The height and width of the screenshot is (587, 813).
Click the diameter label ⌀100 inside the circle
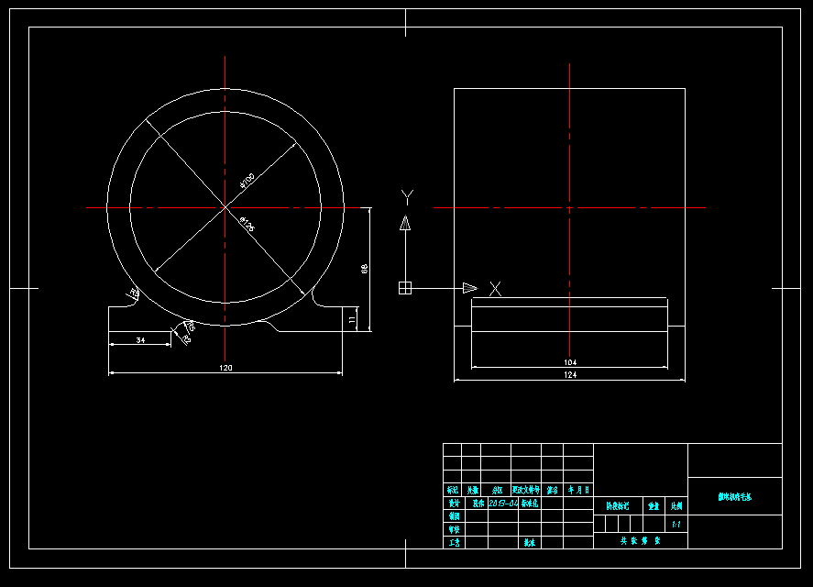247,180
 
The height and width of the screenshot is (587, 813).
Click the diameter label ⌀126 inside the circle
247,225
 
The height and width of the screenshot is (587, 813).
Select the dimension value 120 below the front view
225,368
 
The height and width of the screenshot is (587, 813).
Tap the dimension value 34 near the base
140,339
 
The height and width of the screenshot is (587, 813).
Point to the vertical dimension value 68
364,269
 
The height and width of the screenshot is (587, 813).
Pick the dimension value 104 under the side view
570,362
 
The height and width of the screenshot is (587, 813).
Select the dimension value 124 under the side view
570,374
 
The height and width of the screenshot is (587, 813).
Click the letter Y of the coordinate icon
407,195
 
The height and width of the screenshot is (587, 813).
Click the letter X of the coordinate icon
495,289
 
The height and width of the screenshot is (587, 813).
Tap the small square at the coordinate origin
405,288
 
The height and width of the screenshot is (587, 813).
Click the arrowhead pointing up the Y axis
405,222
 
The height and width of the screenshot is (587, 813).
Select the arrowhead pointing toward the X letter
470,288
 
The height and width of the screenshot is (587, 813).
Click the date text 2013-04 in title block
503,503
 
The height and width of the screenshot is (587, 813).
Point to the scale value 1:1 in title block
676,526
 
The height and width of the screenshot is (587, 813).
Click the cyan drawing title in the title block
734,497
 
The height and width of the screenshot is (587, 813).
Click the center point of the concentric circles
225,208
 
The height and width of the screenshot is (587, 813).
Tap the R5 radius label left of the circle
134,293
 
